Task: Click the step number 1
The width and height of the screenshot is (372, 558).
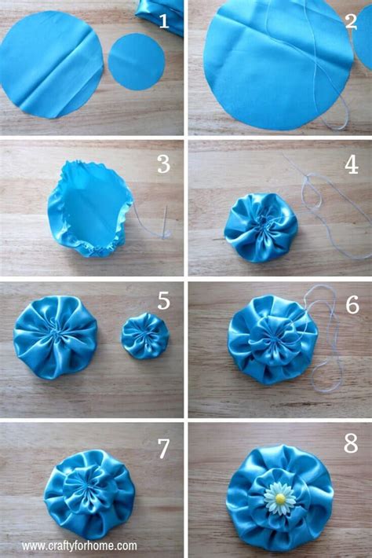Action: point(163,21)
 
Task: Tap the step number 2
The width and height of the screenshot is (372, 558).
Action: point(351,21)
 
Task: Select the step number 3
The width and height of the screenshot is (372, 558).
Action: point(163,163)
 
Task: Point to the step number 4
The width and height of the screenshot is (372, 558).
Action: point(351,164)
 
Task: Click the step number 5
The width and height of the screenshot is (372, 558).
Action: point(163,301)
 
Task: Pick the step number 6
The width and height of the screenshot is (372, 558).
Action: point(351,303)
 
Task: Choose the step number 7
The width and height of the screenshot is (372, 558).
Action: point(163,448)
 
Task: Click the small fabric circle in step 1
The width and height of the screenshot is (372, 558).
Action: point(137,61)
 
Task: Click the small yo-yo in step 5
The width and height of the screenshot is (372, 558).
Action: point(144,336)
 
